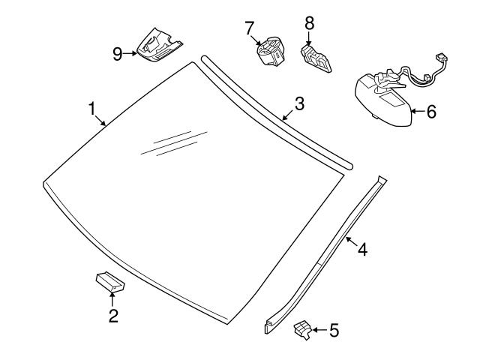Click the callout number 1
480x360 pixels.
coord(92,109)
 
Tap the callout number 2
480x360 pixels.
coord(113,316)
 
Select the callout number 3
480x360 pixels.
coord(299,103)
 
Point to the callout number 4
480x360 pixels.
coord(363,250)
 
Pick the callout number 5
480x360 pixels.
coord(334,330)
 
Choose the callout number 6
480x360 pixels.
coord(431,112)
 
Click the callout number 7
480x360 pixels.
coord(249,28)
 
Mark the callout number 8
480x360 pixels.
coord(310,23)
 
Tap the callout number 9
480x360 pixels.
coord(118,55)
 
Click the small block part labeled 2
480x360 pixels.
coord(110,282)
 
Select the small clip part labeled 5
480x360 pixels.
coord(303,330)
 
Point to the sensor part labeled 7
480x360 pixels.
coord(271,51)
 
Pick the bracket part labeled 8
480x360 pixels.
coord(316,58)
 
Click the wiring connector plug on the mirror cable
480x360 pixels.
coord(441,58)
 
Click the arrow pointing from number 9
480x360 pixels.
coord(130,53)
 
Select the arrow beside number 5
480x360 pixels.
coord(320,330)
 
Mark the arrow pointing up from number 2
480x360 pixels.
coord(112,299)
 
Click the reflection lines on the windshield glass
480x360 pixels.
coord(174,143)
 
